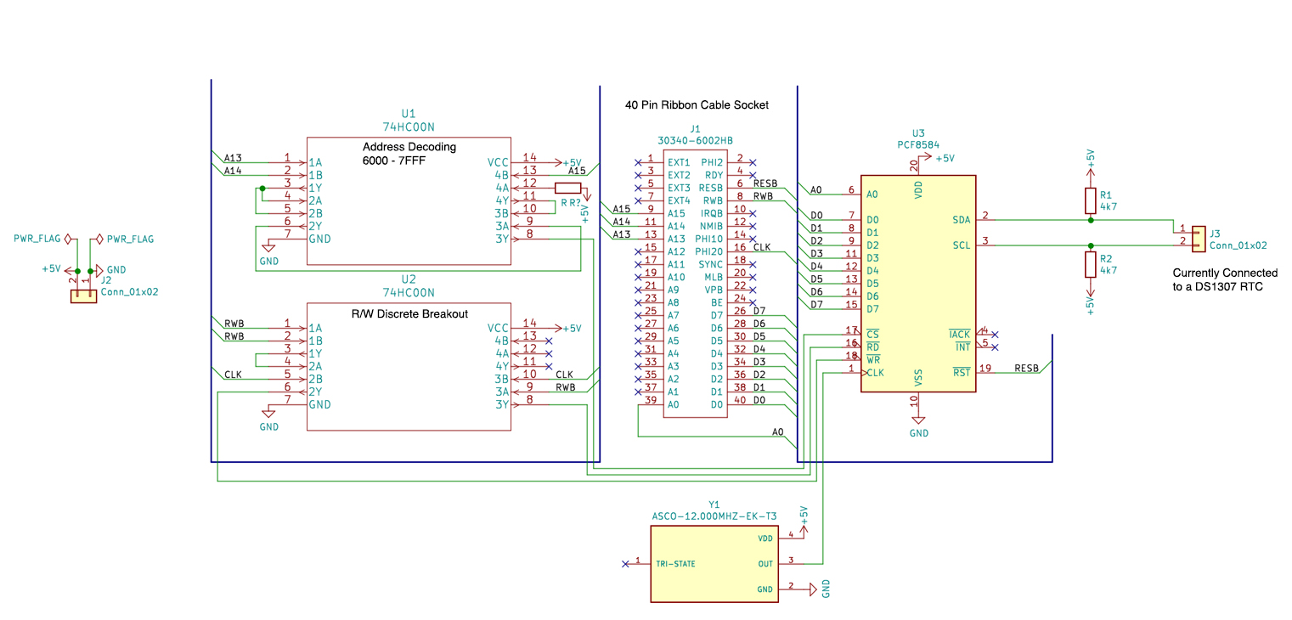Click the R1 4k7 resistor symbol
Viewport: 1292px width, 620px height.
point(1091,200)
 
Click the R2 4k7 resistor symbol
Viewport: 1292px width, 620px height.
point(1091,264)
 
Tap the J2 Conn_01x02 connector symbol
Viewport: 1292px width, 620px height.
point(83,296)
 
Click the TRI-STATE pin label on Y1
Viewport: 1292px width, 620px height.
point(675,563)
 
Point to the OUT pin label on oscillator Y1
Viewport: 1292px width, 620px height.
point(765,562)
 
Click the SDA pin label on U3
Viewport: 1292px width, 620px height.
point(961,220)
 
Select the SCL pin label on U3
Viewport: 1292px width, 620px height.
point(961,245)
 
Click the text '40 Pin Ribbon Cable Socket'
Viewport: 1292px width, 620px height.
point(697,105)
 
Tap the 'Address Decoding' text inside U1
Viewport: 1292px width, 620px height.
point(409,147)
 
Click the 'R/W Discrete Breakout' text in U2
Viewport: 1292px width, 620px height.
point(409,313)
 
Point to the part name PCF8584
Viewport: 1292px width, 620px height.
point(918,145)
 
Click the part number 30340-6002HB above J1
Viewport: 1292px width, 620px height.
point(695,140)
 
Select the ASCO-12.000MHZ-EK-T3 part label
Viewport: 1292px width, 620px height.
point(714,516)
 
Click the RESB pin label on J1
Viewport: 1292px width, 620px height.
point(710,188)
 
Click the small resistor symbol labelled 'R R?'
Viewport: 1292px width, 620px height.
point(568,189)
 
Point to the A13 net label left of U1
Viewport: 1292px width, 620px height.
point(233,158)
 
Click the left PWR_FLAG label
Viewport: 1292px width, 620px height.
point(37,240)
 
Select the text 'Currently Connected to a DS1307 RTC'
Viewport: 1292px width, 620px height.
point(1224,280)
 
